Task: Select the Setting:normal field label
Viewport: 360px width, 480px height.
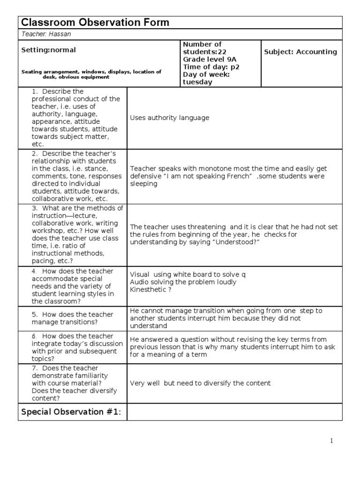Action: point(48,50)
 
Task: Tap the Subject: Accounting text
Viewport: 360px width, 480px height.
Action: point(300,52)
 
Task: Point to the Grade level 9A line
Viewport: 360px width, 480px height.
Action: point(204,59)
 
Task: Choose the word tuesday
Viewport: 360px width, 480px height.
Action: point(197,82)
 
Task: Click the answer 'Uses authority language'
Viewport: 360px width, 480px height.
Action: point(169,118)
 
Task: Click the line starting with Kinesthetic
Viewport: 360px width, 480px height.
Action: point(150,290)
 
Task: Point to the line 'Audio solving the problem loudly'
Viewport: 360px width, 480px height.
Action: point(183,282)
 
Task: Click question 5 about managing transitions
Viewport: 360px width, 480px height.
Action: point(72,318)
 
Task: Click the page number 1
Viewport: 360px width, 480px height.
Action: point(331,441)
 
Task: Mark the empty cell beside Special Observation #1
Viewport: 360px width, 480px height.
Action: point(234,412)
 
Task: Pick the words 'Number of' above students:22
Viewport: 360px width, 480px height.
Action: point(202,44)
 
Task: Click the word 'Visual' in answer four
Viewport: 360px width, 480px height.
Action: point(139,275)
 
